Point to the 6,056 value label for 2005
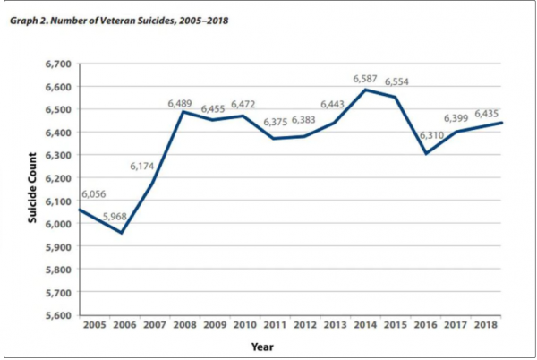[74, 193]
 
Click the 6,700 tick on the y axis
[56, 64]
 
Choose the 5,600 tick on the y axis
[56, 315]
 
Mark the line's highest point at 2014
[364, 90]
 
